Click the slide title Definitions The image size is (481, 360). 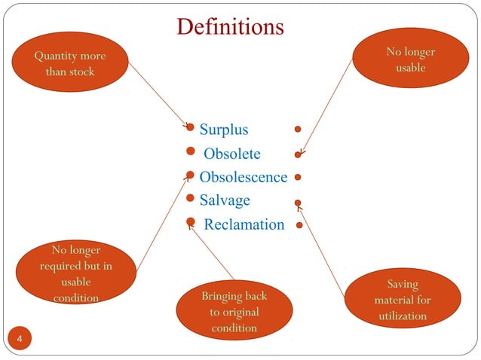(x=230, y=28)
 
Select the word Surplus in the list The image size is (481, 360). (x=223, y=130)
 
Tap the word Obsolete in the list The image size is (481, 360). (x=232, y=154)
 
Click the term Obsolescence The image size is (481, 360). (x=243, y=177)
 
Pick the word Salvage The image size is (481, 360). (x=225, y=200)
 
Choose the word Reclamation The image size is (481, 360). (x=244, y=224)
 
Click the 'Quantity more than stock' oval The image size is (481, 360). (x=70, y=64)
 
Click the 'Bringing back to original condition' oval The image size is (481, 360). (x=234, y=311)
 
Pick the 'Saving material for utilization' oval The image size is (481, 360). (x=402, y=299)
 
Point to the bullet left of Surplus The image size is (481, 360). (x=191, y=129)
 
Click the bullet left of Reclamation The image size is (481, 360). (x=191, y=223)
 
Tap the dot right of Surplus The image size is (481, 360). (x=299, y=129)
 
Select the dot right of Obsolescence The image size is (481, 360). (x=299, y=178)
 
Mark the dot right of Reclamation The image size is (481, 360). (x=299, y=225)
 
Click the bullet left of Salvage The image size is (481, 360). (x=191, y=199)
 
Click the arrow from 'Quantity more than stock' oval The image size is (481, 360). (x=158, y=94)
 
